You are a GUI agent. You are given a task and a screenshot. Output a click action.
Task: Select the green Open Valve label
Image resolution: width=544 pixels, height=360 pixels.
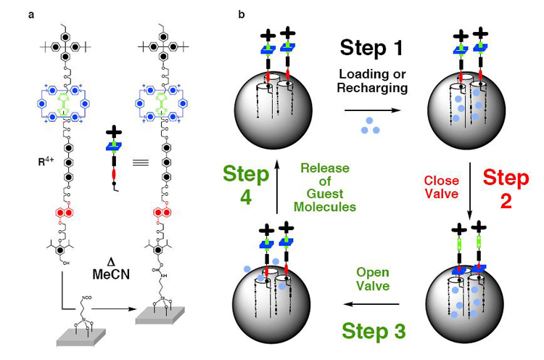pyautogui.click(x=374, y=279)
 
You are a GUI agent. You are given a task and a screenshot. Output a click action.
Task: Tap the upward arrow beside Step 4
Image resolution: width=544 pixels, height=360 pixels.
pyautogui.click(x=274, y=192)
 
